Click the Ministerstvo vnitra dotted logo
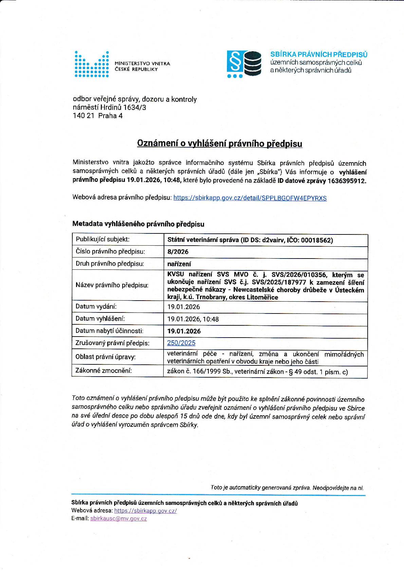(x=92, y=64)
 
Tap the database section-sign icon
(x=244, y=64)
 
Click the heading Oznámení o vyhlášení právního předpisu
(x=219, y=144)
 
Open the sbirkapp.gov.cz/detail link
(x=250, y=198)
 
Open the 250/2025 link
(x=181, y=343)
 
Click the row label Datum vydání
(x=96, y=306)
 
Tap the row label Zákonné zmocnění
(x=104, y=370)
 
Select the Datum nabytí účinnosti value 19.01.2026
(x=184, y=331)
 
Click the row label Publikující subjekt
(x=103, y=239)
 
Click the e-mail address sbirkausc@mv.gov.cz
(x=118, y=518)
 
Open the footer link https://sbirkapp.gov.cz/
(x=145, y=510)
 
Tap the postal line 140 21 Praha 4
(x=98, y=116)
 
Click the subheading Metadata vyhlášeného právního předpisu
(x=138, y=224)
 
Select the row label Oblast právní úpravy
(x=106, y=357)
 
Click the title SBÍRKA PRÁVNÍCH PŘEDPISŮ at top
(x=318, y=54)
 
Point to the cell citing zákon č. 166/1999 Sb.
(x=257, y=372)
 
